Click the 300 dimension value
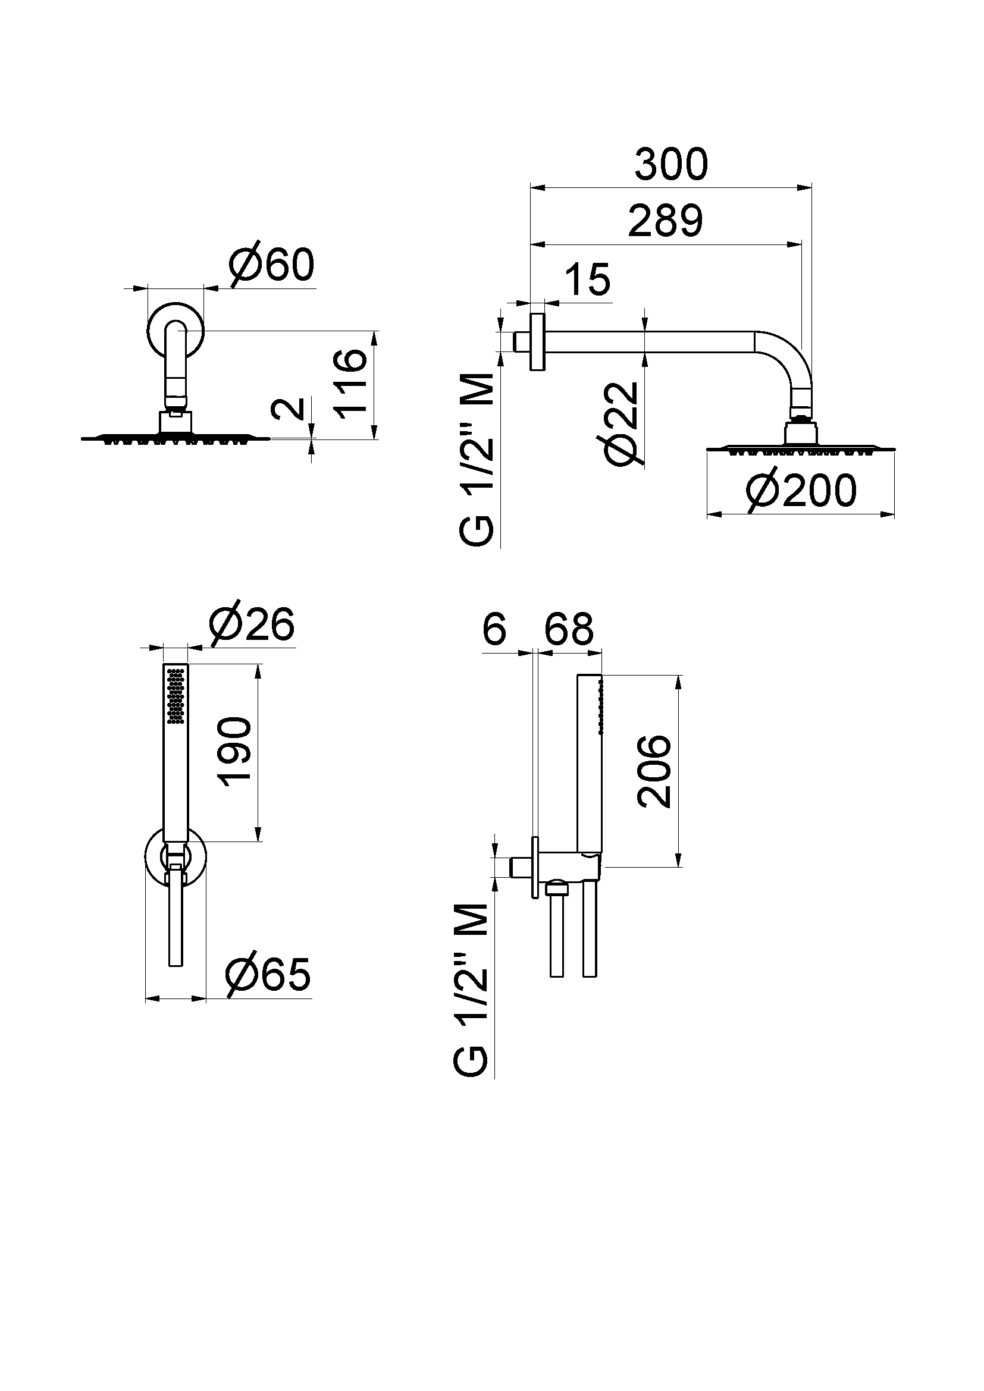pos(671,164)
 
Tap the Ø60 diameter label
pos(272,264)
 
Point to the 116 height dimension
pos(352,381)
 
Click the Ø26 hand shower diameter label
pos(252,624)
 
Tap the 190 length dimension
pos(235,751)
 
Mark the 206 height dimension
pos(655,771)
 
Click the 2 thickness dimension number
pos(289,409)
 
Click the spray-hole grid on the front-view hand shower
pos(176,695)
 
